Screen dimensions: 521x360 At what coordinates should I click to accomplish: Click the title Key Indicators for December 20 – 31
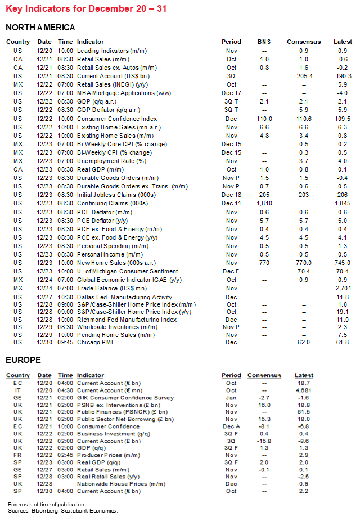[86, 9]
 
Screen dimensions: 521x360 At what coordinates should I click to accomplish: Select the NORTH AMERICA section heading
[40, 28]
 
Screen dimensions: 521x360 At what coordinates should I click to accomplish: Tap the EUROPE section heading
[23, 360]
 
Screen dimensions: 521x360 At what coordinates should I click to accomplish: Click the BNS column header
[264, 42]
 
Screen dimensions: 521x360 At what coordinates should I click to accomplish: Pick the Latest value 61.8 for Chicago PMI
[342, 342]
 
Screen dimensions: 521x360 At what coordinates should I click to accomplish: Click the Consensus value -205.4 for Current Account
[303, 76]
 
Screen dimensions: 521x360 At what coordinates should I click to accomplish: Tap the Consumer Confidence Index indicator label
[117, 119]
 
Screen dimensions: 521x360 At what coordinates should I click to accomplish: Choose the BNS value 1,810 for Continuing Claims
[264, 203]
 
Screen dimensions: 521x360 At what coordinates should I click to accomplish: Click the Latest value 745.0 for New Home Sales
[342, 263]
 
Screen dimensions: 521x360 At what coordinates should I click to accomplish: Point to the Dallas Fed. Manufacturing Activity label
[124, 297]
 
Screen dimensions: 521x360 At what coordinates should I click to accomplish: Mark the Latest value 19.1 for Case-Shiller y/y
[342, 312]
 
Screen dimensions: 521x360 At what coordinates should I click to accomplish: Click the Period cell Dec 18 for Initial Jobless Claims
[231, 194]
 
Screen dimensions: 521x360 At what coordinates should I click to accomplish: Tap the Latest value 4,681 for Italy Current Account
[304, 390]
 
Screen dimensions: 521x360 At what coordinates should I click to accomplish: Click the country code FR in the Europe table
[18, 455]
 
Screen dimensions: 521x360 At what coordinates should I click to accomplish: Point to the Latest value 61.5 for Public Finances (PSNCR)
[304, 412]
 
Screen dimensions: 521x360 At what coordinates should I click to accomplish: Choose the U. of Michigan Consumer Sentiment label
[128, 271]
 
